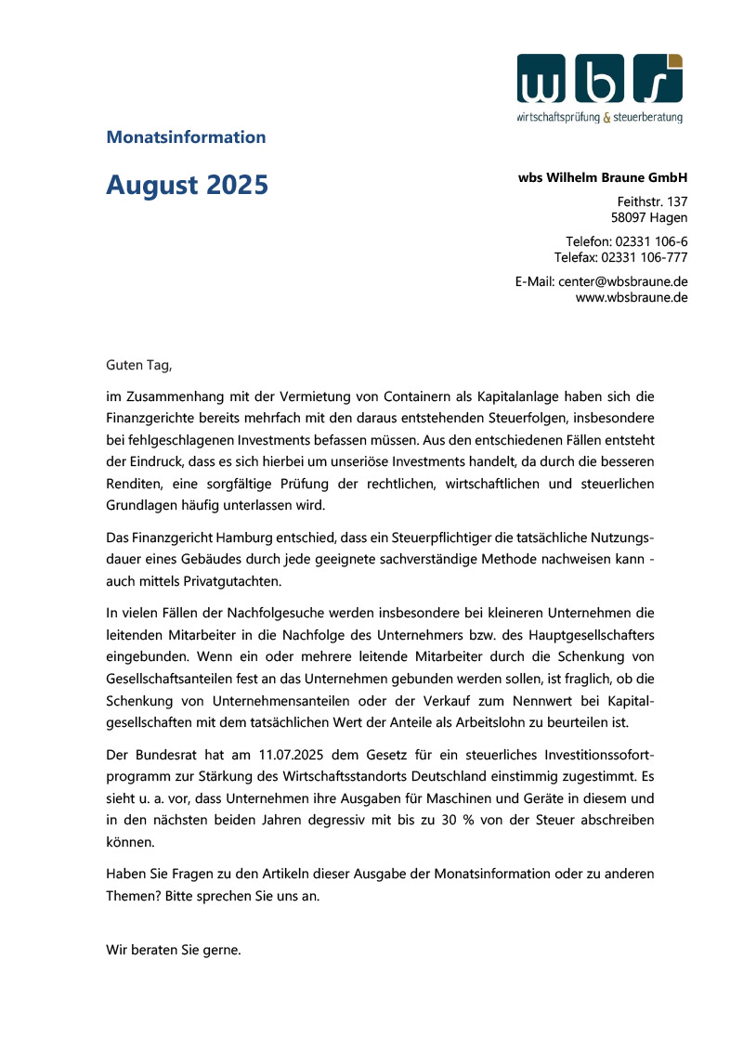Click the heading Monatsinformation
click(186, 137)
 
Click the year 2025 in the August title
click(232, 185)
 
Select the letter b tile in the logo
click(600, 78)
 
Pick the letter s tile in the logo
click(658, 78)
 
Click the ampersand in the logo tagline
click(607, 118)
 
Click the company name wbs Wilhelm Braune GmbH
click(603, 177)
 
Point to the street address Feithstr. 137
click(652, 201)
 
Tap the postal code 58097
click(630, 218)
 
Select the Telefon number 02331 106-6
click(651, 241)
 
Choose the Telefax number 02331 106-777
click(645, 256)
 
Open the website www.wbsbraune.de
click(632, 297)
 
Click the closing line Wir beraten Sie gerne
click(174, 950)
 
